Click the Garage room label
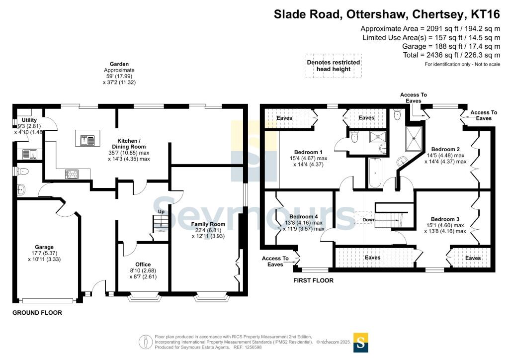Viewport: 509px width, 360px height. [x=44, y=247]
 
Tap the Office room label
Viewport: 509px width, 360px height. [x=143, y=265]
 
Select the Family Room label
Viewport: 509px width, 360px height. [x=208, y=224]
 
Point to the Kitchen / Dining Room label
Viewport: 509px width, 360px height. [x=129, y=144]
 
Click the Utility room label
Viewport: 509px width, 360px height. [x=29, y=120]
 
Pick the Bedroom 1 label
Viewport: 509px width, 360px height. [x=308, y=152]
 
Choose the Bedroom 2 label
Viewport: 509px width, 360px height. [x=445, y=149]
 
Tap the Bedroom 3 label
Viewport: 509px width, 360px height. [x=445, y=219]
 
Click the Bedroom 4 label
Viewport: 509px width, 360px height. [x=304, y=216]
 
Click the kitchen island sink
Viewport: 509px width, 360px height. [x=87, y=140]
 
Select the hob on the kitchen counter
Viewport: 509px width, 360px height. [x=72, y=174]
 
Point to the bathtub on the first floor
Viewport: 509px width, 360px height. [x=375, y=173]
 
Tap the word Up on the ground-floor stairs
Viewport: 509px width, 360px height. [x=161, y=212]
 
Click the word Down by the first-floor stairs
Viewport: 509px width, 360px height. [x=369, y=220]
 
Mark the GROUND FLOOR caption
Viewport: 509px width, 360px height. [x=37, y=313]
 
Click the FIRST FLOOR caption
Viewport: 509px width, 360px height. [x=313, y=280]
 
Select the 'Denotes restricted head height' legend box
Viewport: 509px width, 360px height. [x=334, y=66]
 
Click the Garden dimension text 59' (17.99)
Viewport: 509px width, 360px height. [x=119, y=76]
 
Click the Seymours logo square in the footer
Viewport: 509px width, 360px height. [x=361, y=343]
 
